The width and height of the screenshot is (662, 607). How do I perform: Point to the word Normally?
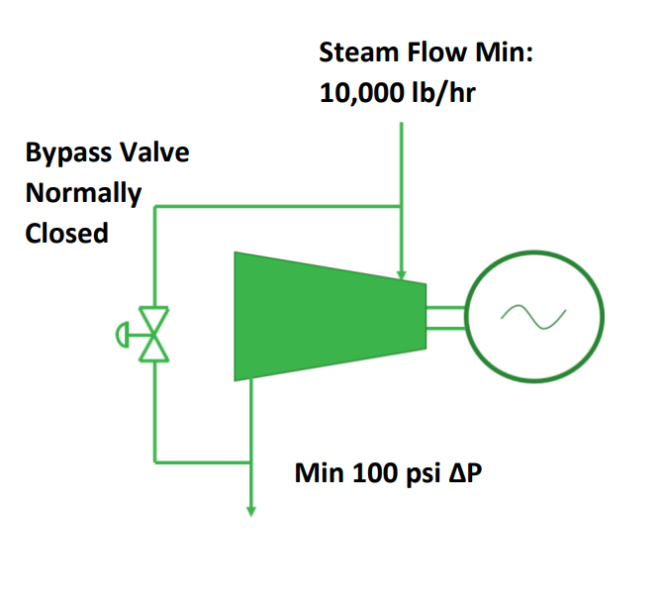[83, 193]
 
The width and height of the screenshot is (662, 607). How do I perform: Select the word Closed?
[66, 235]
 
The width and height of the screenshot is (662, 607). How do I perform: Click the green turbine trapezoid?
[317, 315]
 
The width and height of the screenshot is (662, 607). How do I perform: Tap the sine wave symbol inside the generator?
[533, 316]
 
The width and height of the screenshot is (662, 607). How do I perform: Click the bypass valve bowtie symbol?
[154, 333]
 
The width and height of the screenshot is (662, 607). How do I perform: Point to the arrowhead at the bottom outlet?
[251, 510]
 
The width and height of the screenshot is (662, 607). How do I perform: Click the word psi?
[425, 472]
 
